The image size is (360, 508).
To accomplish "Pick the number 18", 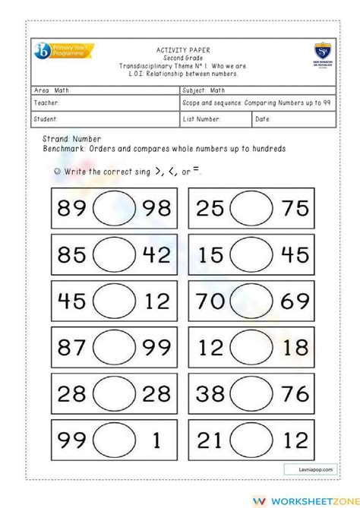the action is coord(294,347).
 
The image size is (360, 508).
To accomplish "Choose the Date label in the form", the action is coord(263,118).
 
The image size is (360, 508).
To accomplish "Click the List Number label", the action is coord(202,118).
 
